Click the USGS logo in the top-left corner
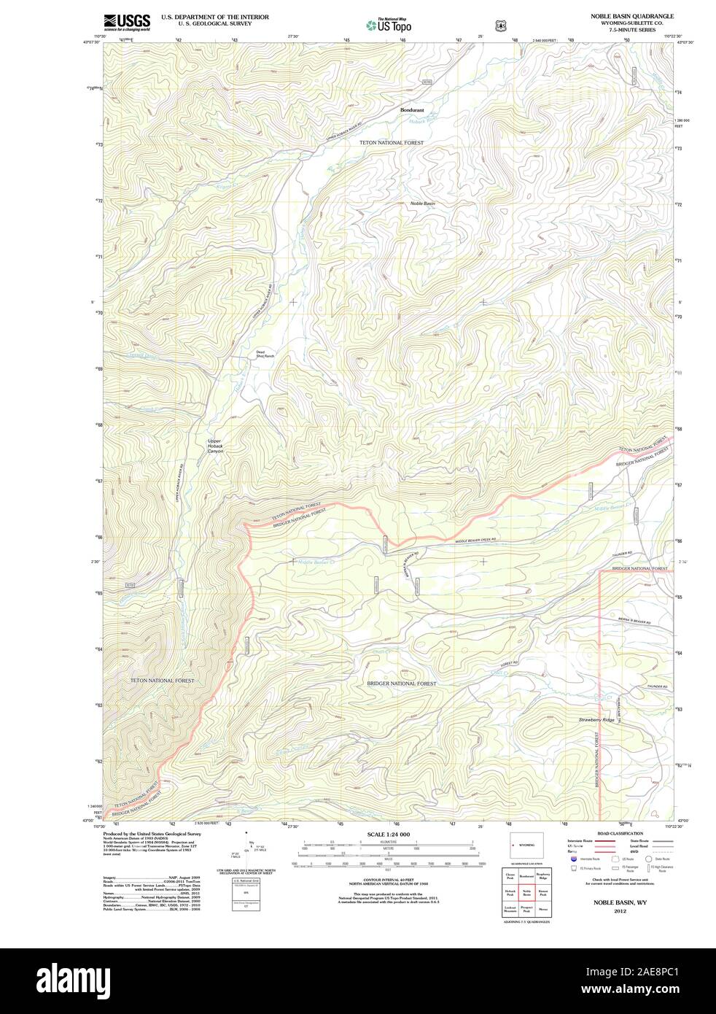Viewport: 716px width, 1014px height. (127, 22)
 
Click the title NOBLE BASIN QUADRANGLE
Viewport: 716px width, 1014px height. (632, 15)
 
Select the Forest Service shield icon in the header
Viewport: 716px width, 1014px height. (499, 25)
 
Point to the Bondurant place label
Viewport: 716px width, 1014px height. (411, 110)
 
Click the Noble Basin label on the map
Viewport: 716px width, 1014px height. (422, 203)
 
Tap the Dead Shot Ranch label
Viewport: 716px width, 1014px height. (265, 355)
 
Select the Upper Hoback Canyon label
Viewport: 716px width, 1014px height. (215, 446)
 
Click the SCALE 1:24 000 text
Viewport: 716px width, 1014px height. (388, 834)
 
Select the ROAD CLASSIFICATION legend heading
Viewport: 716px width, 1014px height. (620, 833)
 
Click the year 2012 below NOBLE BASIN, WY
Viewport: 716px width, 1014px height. (620, 911)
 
